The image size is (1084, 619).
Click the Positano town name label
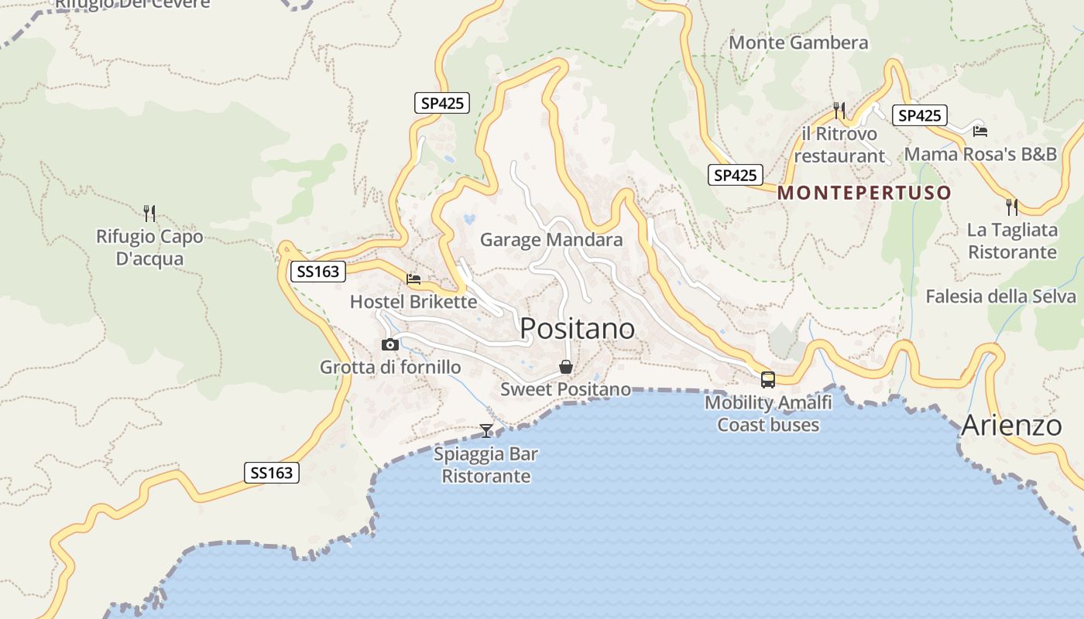pyautogui.click(x=577, y=329)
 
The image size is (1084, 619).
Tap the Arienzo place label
pyautogui.click(x=1011, y=426)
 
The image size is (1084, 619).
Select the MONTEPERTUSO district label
pyautogui.click(x=864, y=193)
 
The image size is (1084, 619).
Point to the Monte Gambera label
pyautogui.click(x=798, y=43)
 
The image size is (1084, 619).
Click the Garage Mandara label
pyautogui.click(x=551, y=240)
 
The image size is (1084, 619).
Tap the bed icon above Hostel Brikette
pyautogui.click(x=413, y=279)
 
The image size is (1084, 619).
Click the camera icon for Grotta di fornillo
pyautogui.click(x=390, y=345)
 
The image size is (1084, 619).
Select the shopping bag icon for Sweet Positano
pyautogui.click(x=566, y=367)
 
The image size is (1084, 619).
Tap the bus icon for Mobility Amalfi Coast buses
pyautogui.click(x=768, y=380)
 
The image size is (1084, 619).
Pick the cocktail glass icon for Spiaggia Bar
pyautogui.click(x=486, y=430)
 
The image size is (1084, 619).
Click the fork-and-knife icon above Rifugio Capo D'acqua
pyautogui.click(x=149, y=213)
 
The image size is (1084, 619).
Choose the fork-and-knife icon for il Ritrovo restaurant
pyautogui.click(x=839, y=111)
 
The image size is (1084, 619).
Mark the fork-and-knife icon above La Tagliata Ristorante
pyautogui.click(x=1012, y=207)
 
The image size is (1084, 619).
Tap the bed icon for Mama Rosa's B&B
pyautogui.click(x=980, y=131)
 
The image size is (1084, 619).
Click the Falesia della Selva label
pyautogui.click(x=1000, y=296)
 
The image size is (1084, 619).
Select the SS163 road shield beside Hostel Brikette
pyautogui.click(x=318, y=272)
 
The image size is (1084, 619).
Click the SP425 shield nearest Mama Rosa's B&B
pyautogui.click(x=920, y=116)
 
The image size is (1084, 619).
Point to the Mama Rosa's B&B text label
pyautogui.click(x=980, y=154)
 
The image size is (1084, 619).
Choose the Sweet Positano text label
pyautogui.click(x=565, y=389)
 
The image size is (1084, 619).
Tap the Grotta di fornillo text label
pyautogui.click(x=390, y=368)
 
